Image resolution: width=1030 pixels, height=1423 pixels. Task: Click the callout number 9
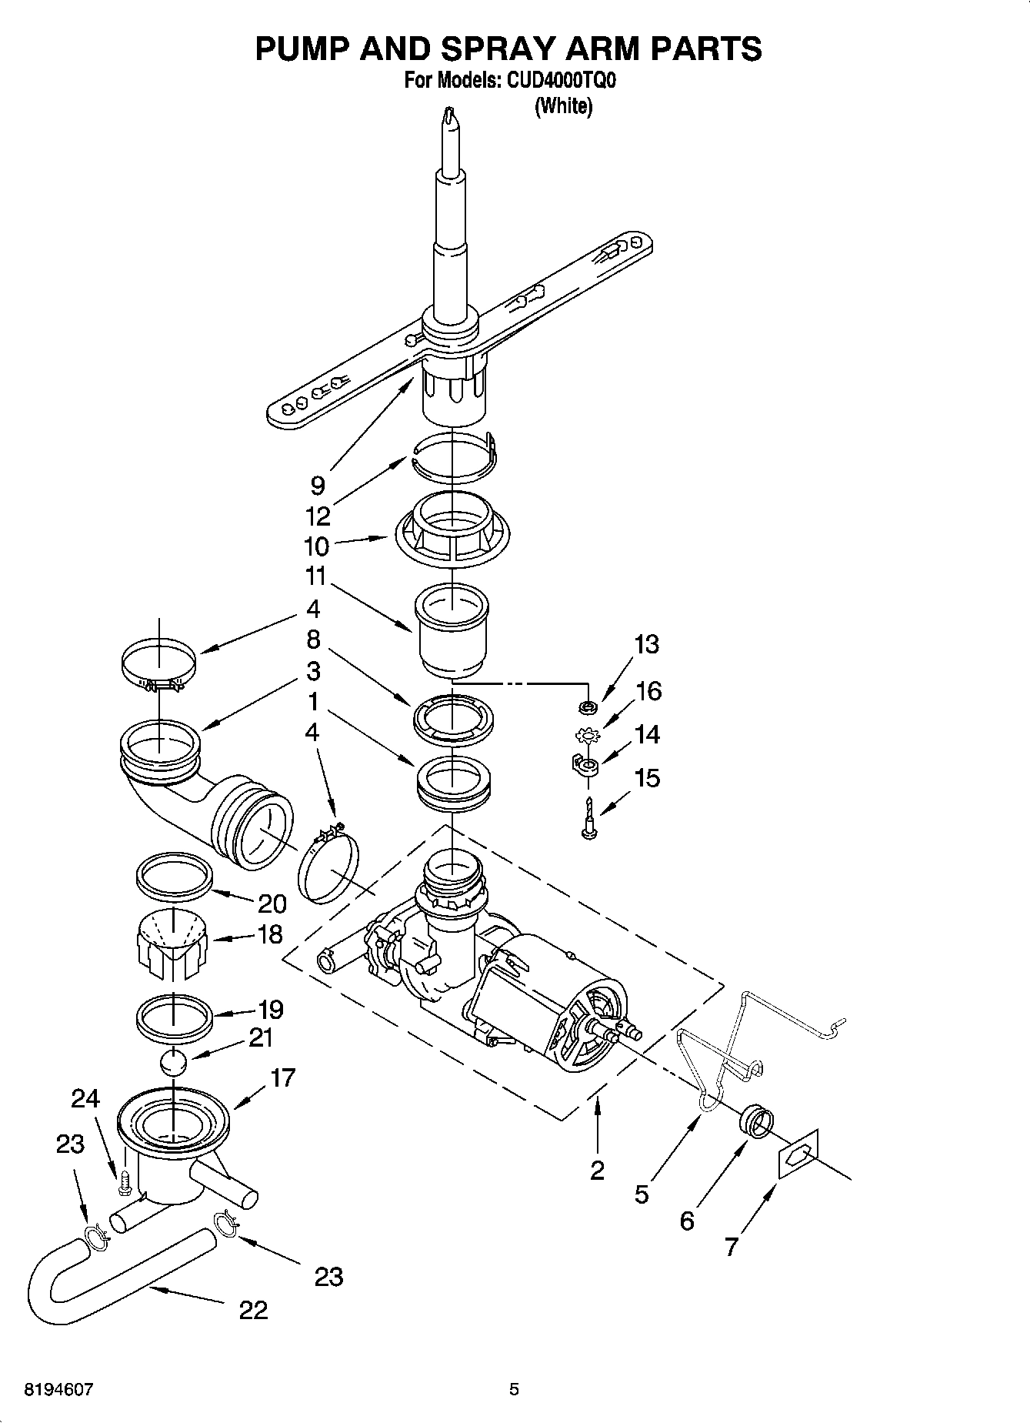pyautogui.click(x=318, y=485)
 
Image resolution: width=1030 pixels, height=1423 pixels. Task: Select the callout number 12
pyautogui.click(x=318, y=516)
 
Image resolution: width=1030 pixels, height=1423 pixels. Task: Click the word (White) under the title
pyautogui.click(x=563, y=106)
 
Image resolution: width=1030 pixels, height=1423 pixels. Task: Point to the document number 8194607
pyautogui.click(x=60, y=1390)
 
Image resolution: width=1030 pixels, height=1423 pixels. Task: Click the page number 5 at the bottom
pyautogui.click(x=514, y=1390)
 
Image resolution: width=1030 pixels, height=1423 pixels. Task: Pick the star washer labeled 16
pyautogui.click(x=587, y=736)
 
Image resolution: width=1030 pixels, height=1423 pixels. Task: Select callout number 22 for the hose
pyautogui.click(x=253, y=1310)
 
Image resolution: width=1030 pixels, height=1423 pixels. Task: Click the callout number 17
pyautogui.click(x=282, y=1077)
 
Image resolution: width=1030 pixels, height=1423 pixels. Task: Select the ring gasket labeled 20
pyautogui.click(x=174, y=875)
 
